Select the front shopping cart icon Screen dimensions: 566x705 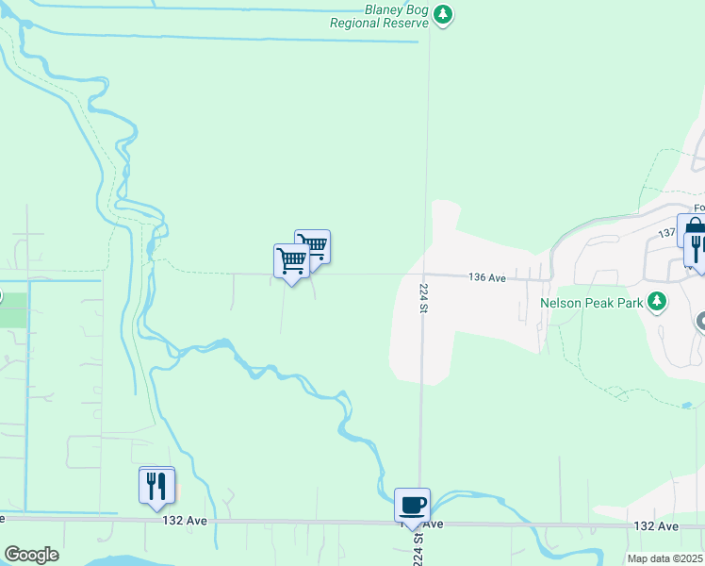(291, 260)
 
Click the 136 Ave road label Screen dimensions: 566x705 (488, 277)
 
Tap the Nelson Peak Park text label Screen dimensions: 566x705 (591, 304)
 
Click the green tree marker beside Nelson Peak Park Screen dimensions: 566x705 (657, 303)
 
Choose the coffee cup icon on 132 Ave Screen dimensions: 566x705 (412, 505)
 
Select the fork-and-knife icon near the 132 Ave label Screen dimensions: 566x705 (156, 485)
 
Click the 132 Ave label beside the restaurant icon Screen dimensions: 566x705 (183, 520)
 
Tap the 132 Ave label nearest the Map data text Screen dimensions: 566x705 (656, 525)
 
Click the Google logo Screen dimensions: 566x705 (31, 555)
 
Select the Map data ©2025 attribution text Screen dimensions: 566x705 (664, 558)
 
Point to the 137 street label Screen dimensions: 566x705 (666, 232)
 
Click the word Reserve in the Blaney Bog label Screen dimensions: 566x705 (404, 23)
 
